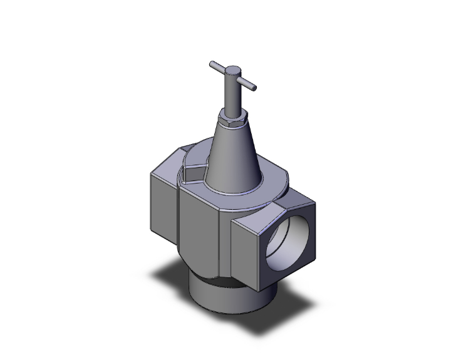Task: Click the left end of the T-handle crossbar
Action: pos(212,64)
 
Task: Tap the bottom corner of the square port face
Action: pos(257,291)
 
